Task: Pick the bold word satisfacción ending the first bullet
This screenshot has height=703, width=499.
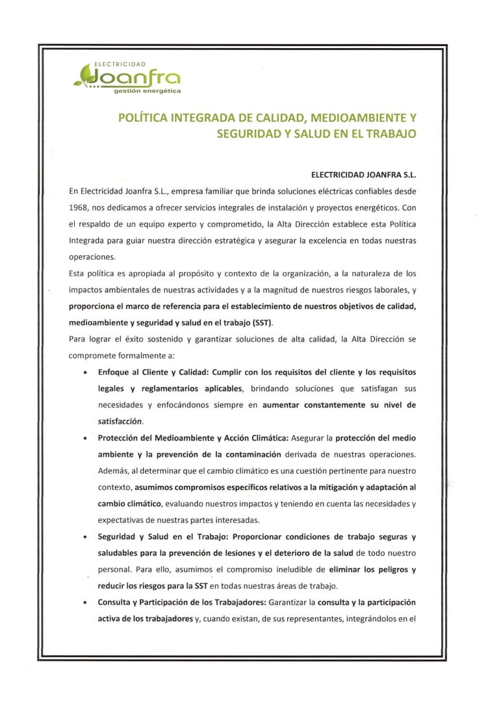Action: click(x=120, y=421)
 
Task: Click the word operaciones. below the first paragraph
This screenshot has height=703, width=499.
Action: click(x=92, y=257)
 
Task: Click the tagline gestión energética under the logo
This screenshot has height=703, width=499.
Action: click(x=147, y=92)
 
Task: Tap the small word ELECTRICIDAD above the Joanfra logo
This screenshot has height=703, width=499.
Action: click(x=120, y=64)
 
